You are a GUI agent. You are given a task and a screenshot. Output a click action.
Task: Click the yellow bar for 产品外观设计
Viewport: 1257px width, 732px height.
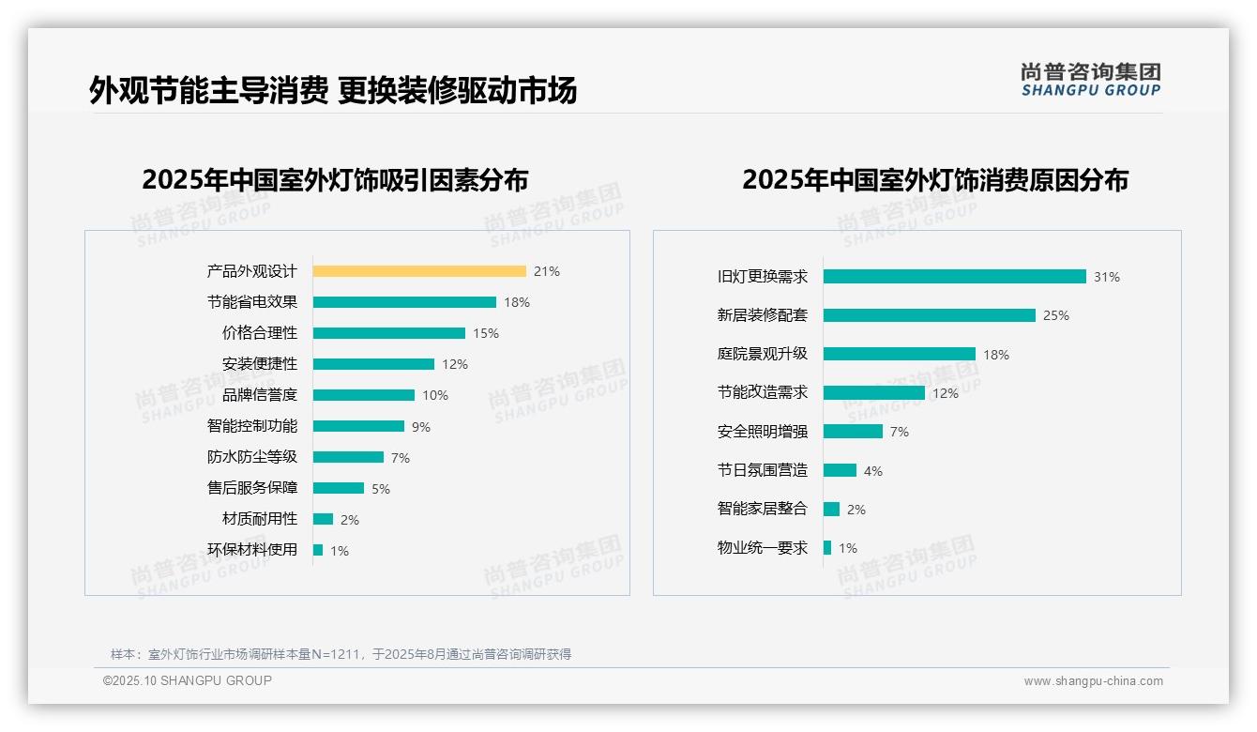click(419, 271)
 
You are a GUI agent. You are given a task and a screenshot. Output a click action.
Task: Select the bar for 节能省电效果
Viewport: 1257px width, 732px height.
click(404, 302)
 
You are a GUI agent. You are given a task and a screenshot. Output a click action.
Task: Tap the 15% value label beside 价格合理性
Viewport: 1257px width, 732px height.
click(486, 333)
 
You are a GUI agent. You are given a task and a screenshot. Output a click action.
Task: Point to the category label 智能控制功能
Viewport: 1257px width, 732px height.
click(251, 426)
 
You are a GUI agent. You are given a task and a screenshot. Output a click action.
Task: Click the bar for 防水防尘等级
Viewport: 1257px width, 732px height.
click(348, 457)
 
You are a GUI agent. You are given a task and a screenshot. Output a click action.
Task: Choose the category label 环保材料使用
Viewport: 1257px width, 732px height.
click(251, 550)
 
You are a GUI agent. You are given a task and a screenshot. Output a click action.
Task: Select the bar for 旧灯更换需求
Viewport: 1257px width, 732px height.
click(954, 277)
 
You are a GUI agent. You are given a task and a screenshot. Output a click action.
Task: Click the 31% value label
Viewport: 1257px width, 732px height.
click(1107, 277)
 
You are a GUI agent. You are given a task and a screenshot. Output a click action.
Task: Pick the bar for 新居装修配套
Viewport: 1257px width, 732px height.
click(929, 315)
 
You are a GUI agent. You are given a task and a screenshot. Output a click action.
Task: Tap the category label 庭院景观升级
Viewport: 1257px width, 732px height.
click(762, 354)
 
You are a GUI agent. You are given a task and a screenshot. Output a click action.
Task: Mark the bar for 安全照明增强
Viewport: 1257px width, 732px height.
click(853, 432)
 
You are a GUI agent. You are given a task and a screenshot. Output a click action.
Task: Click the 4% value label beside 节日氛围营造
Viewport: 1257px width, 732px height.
click(873, 471)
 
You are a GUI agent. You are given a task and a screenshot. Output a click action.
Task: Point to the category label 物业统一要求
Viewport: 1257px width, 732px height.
click(762, 548)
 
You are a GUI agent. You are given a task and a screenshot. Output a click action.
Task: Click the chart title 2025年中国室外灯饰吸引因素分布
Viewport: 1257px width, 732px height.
click(335, 179)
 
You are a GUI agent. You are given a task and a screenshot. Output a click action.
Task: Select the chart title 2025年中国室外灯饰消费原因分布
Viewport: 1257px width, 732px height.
click(934, 179)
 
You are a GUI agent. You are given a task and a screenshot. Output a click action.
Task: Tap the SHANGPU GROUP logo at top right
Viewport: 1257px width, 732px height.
click(1090, 80)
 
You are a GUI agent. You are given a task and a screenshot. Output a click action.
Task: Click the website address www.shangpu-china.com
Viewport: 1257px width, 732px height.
click(1093, 681)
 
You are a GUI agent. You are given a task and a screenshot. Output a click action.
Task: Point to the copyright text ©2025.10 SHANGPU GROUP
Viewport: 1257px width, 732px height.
click(188, 680)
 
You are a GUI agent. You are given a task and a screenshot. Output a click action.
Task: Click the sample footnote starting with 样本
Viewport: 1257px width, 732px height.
click(341, 654)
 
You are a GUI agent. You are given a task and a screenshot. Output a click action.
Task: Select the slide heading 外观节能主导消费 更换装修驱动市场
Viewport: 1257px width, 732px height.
click(333, 90)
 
